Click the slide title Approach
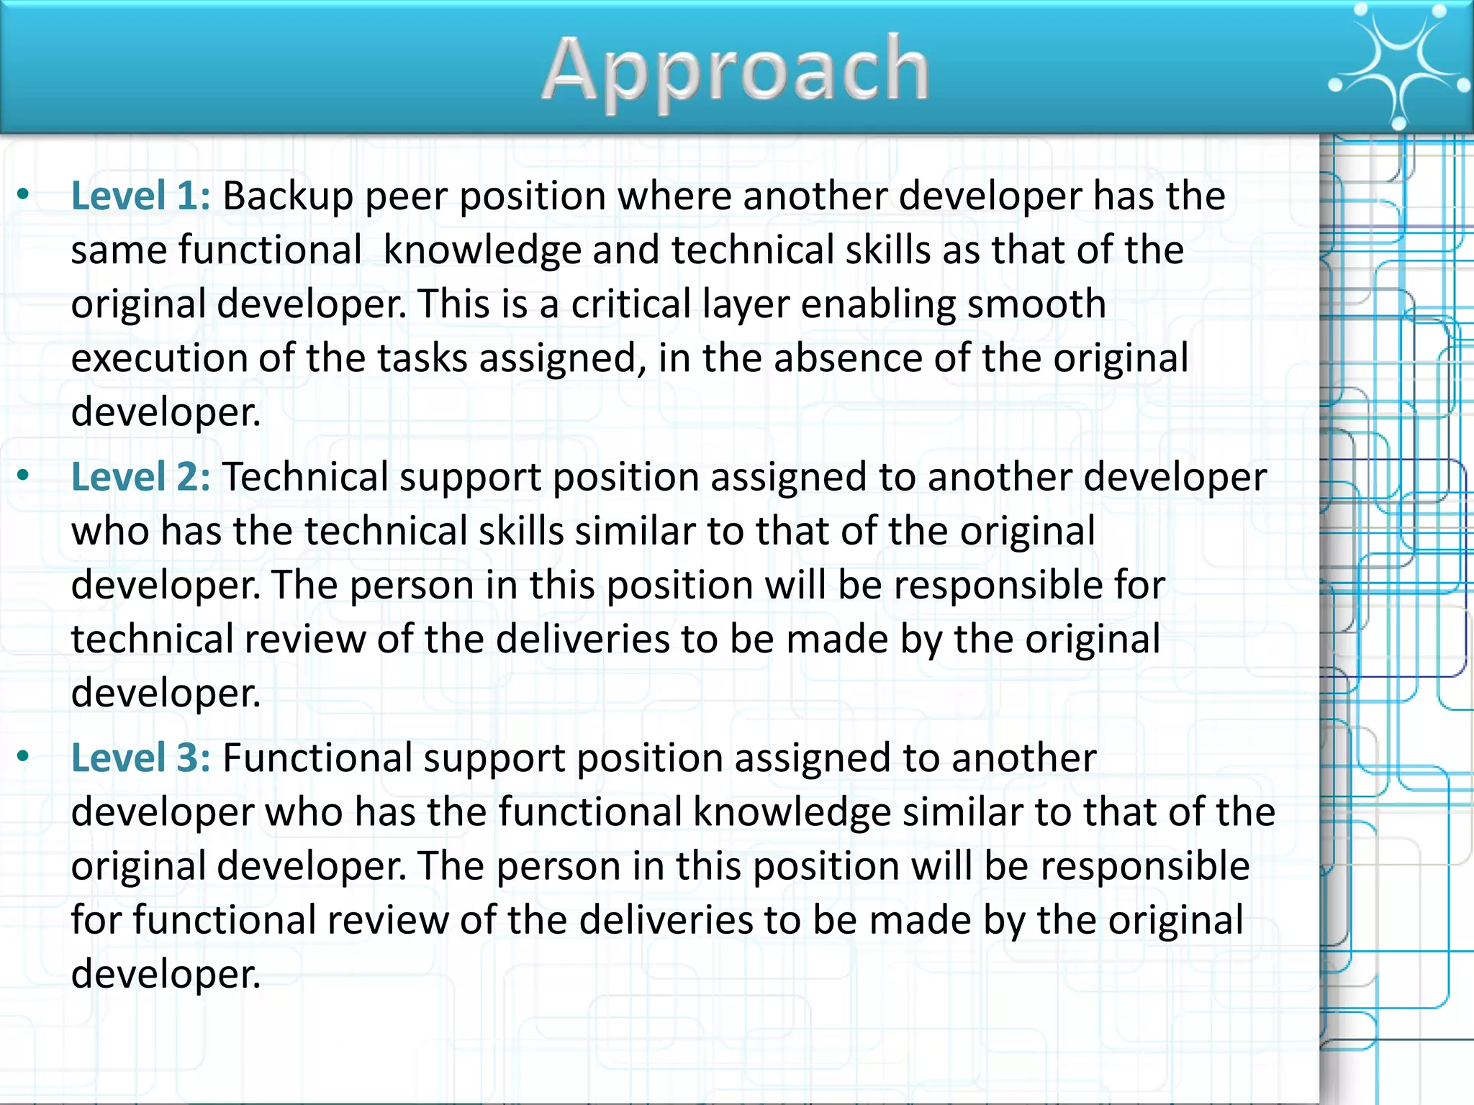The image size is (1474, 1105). tap(736, 71)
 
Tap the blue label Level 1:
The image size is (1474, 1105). tap(141, 196)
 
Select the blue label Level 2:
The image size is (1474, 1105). tap(141, 477)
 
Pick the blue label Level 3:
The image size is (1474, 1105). tap(141, 758)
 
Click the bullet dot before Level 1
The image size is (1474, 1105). tap(24, 194)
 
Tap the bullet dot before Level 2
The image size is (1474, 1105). tap(24, 475)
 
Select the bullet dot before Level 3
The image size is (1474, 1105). tap(24, 755)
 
